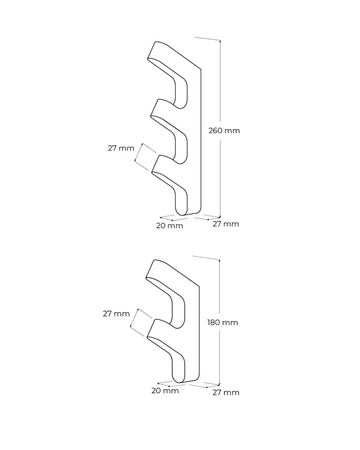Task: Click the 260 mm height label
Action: pos(224,131)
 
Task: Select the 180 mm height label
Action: pos(222,322)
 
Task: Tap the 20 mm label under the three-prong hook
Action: pos(169,226)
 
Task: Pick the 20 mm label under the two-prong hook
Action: pos(165,391)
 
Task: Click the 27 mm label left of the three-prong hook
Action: pos(121,148)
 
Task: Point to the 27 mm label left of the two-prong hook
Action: pos(116,314)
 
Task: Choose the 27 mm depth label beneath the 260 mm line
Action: pos(225,224)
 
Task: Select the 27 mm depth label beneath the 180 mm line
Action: pos(225,393)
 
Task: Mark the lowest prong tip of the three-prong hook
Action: pos(156,164)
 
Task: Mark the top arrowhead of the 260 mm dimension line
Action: pos(220,41)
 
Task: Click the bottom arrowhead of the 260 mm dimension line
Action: pos(220,217)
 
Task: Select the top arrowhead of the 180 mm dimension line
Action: pos(219,260)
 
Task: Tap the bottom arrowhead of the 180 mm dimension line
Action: pos(219,385)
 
